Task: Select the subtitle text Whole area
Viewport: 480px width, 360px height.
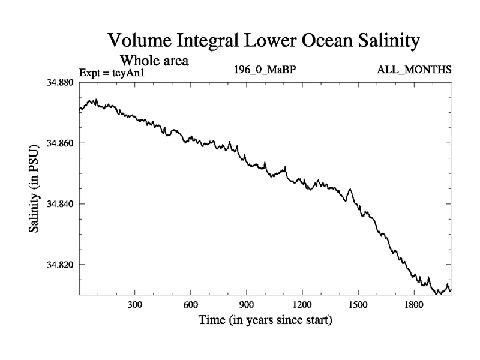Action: pos(155,60)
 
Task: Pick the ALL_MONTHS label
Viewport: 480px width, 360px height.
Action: pos(414,70)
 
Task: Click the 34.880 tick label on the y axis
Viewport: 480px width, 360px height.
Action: pos(61,83)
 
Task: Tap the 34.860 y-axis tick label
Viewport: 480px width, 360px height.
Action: pos(61,143)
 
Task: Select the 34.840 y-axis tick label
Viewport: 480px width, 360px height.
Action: pos(61,204)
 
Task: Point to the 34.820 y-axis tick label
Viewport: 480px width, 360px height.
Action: pos(61,265)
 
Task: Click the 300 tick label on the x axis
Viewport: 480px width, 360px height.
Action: pos(135,305)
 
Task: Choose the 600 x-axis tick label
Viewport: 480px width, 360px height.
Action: pos(191,305)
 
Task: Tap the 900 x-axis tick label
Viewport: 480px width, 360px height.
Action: pos(247,305)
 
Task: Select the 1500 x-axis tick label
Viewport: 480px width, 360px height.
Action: pos(358,305)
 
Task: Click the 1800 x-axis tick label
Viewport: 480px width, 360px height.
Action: pos(414,305)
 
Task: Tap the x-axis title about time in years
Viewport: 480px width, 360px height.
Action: pos(265,320)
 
